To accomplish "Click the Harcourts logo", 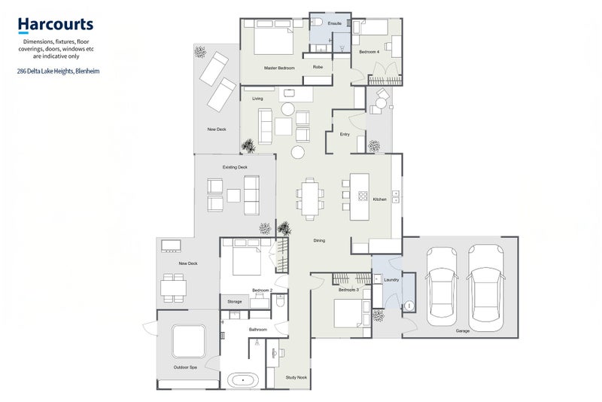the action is [56, 25].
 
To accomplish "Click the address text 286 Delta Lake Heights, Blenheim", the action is [58, 71].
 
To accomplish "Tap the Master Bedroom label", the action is [279, 68].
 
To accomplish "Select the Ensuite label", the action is [334, 23].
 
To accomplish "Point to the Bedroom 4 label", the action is [369, 51].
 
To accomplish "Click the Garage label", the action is [463, 330].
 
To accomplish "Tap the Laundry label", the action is [391, 280].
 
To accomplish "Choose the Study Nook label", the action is [296, 377].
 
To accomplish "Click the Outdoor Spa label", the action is [185, 367].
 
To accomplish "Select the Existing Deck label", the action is [235, 167].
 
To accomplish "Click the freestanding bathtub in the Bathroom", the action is [242, 380].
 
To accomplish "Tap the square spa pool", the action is [189, 341].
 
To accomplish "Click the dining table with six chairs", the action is [310, 199].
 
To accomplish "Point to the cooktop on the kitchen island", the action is [363, 196].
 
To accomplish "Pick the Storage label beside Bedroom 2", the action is [235, 302].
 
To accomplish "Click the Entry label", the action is [345, 135].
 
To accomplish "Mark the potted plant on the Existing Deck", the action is [265, 228].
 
